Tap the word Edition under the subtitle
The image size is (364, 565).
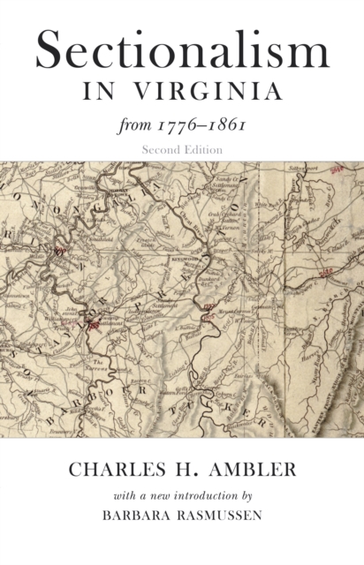(x=203, y=149)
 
